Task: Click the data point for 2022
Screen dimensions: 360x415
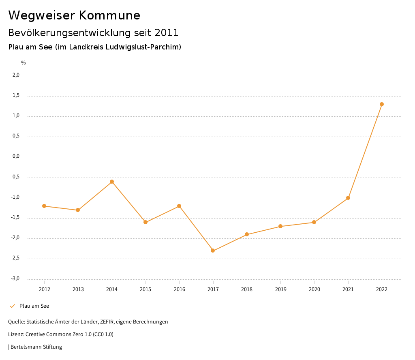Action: pos(382,104)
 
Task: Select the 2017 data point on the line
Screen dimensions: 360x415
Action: pos(213,251)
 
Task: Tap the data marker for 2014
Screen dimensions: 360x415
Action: pos(112,182)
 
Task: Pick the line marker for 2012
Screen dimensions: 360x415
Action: pos(44,206)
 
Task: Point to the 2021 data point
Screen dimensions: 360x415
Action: pos(348,198)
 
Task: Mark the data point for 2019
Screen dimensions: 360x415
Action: pos(280,226)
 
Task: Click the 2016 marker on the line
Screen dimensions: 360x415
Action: pos(179,206)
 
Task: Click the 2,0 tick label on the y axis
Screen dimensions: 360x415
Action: pos(16,75)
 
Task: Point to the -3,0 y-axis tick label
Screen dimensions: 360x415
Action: pos(15,279)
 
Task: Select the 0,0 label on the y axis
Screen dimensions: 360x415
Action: pos(16,156)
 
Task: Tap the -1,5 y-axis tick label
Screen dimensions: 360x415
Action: pos(15,218)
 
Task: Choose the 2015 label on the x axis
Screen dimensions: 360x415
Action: pos(145,289)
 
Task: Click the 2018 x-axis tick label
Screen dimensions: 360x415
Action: pos(247,289)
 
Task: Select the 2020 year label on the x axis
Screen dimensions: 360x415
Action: pos(314,289)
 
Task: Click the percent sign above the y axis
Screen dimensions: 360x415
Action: pos(24,63)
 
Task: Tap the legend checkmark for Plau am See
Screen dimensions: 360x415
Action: pos(12,306)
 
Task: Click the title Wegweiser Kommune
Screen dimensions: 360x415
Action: pos(74,15)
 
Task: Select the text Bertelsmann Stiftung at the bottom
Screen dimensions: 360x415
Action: pos(36,347)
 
